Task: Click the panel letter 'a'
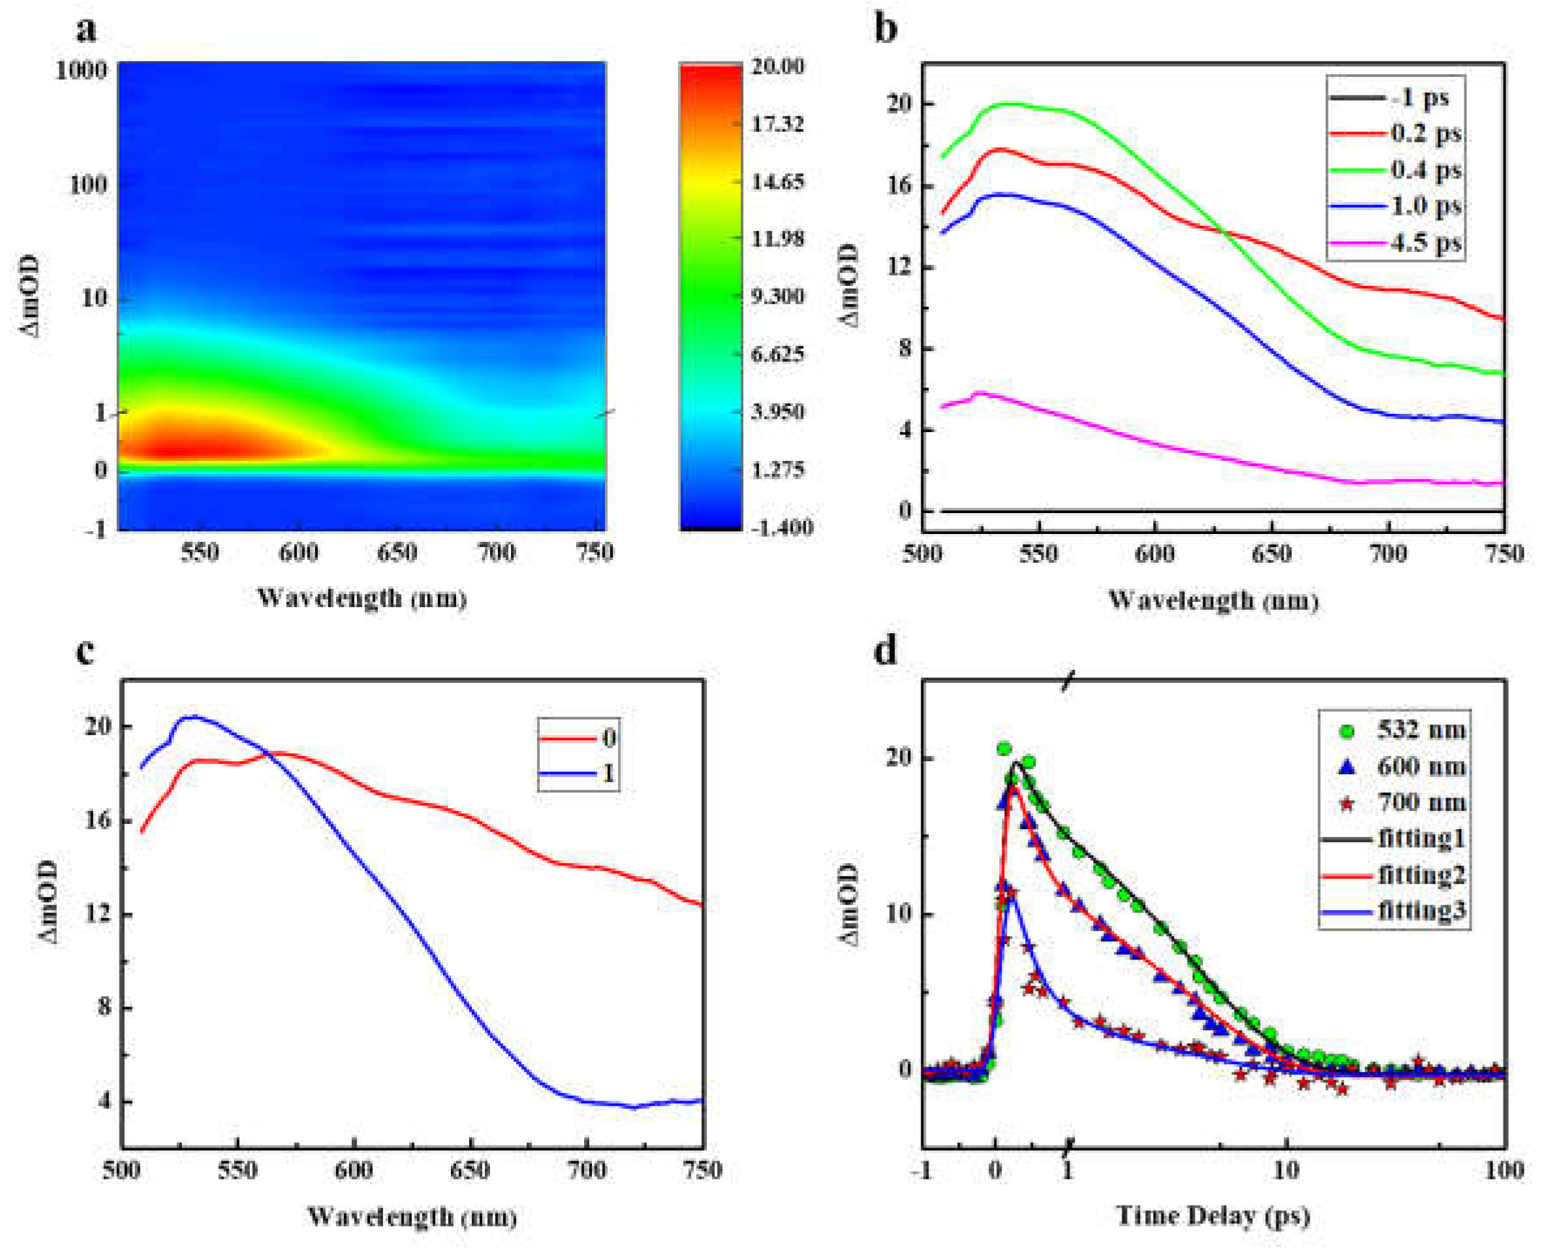pos(86,31)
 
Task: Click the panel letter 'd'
pos(886,650)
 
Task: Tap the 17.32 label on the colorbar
pos(777,124)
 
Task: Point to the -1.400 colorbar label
pos(781,527)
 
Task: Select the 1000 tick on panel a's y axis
pos(81,71)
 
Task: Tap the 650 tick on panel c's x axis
pos(470,1170)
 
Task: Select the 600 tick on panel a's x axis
pos(299,554)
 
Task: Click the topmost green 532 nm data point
pos(1003,749)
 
